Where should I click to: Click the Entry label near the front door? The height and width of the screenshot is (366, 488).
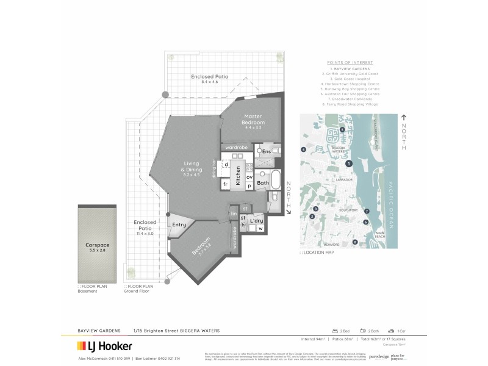(x=179, y=225)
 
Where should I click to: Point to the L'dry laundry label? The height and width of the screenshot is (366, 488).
(x=257, y=220)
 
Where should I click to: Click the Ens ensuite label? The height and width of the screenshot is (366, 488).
(x=266, y=151)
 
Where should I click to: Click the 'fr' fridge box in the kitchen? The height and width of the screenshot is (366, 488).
(x=224, y=184)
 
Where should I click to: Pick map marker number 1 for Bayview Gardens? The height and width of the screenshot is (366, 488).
(x=348, y=163)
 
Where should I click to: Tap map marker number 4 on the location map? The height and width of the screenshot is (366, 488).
(x=303, y=149)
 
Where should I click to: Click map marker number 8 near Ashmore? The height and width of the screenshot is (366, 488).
(x=354, y=242)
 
